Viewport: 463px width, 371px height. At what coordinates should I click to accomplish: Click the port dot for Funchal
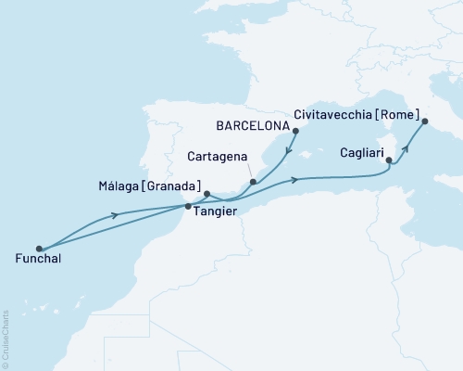coord(39,249)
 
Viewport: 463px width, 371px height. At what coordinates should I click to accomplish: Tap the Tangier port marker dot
coord(189,207)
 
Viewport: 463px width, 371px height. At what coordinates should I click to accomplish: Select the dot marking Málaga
coord(207,194)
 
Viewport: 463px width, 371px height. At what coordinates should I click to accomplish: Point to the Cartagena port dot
coord(252,183)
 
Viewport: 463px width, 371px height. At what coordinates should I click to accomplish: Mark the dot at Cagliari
coord(390,162)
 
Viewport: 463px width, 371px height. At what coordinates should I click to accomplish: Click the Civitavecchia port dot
coord(425,122)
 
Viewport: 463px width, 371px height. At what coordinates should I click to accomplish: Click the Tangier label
coord(215,212)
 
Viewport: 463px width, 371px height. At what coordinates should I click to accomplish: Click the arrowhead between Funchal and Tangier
coord(116,215)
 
